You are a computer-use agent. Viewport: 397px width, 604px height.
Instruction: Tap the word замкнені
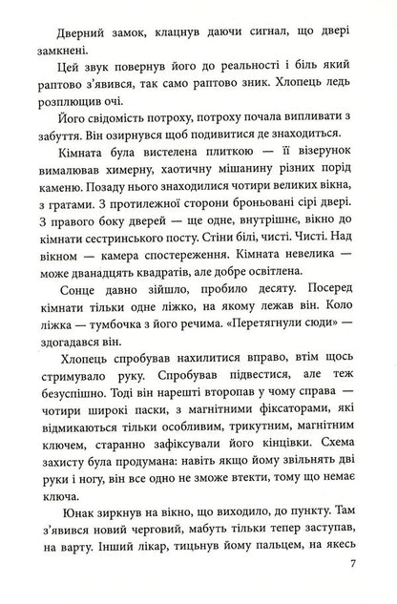click(x=61, y=49)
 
